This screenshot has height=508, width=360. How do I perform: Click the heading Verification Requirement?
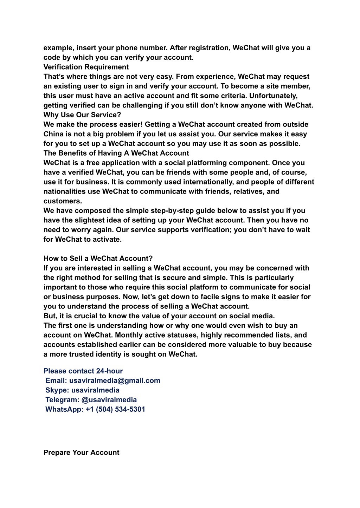point(86,67)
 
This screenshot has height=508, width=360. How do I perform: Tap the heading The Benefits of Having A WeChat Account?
point(116,153)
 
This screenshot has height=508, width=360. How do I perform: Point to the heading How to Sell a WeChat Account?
point(98,259)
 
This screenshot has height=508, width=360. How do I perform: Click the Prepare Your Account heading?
point(81,452)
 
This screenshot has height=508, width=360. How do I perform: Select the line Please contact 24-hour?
point(83,371)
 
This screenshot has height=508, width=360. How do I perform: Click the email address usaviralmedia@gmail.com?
point(115,380)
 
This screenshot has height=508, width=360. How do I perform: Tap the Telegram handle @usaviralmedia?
point(109,400)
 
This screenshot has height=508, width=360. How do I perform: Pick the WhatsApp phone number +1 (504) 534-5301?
point(115,409)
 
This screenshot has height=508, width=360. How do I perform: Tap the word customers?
point(62,201)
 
